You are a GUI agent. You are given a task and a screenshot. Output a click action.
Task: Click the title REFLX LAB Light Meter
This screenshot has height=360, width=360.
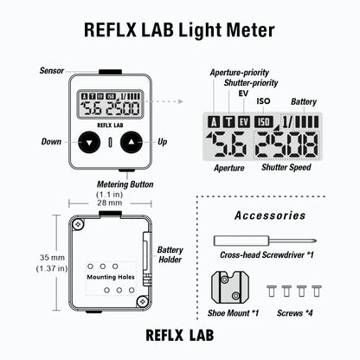[x=180, y=30]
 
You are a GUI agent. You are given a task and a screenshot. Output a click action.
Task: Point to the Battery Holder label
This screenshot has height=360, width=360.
[x=170, y=255]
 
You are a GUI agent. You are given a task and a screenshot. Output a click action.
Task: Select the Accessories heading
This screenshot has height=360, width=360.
[x=270, y=215]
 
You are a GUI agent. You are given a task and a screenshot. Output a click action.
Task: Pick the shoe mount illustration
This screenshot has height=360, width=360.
[x=231, y=284]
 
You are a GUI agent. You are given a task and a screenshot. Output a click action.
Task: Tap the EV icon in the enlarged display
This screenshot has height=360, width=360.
[x=244, y=120]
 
